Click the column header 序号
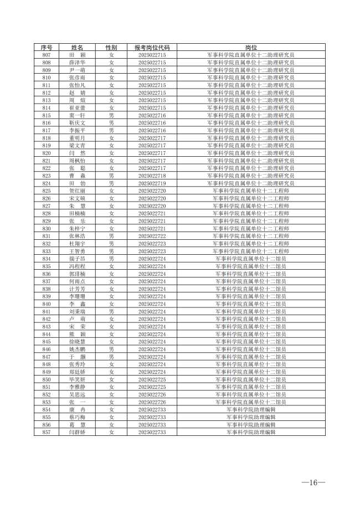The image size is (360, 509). point(47,48)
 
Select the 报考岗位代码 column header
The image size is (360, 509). point(152,48)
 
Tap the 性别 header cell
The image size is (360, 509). point(111,48)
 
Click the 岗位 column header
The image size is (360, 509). point(251,48)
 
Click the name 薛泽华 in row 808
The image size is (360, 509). point(77,63)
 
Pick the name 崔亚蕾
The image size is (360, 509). point(77,108)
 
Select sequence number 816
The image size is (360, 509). point(47,123)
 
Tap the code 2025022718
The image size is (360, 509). point(152,176)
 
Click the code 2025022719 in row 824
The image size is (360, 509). point(152,183)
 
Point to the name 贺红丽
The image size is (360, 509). point(77,191)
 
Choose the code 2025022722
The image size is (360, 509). point(152,236)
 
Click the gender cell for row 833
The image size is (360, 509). point(111,251)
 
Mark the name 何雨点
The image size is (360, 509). point(77,281)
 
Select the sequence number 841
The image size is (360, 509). point(47,311)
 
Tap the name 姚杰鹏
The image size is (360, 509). point(77,349)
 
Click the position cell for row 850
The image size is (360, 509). point(251,379)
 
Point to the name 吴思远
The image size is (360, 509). point(77,394)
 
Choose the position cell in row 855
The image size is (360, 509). point(251,417)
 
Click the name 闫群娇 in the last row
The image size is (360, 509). point(77,432)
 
